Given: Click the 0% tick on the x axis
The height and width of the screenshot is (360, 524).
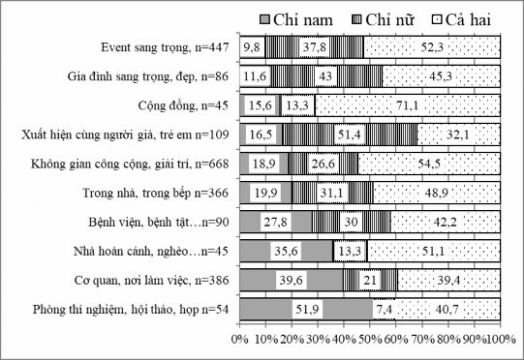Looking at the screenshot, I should tap(240, 341).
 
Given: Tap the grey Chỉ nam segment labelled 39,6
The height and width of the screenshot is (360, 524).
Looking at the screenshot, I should tap(291, 280).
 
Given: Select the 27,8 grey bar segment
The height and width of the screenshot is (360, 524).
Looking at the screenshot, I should tap(276, 222).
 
